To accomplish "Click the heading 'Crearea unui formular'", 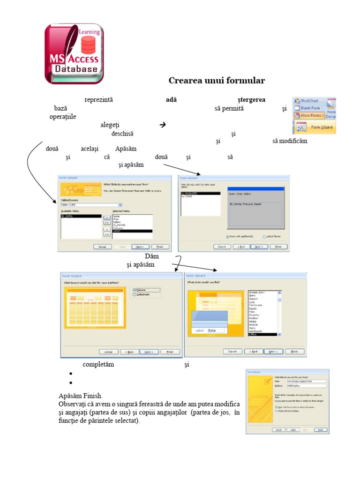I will tap(217, 81).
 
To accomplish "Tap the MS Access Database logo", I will tap(74, 54).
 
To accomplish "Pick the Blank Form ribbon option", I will tap(309, 108).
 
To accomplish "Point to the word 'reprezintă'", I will tap(99, 100).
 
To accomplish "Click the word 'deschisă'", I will tap(122, 134).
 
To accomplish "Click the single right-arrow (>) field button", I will tap(106, 217).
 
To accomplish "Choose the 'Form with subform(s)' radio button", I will tap(228, 237).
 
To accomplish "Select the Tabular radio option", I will tap(135, 290).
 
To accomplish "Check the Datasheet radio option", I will tap(135, 295).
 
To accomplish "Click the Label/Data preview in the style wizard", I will tap(208, 330).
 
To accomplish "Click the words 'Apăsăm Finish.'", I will tap(80, 396).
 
